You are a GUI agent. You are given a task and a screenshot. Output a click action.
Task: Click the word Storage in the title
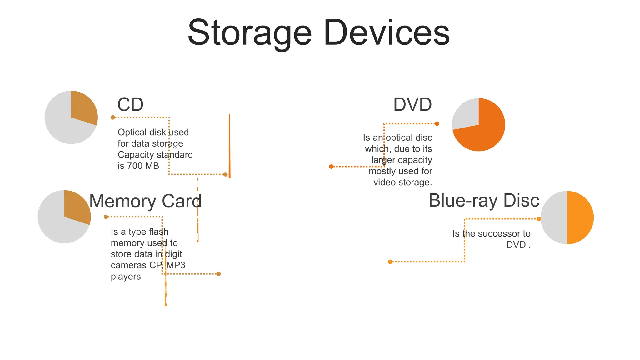(250, 33)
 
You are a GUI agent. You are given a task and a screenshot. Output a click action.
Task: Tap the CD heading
(130, 105)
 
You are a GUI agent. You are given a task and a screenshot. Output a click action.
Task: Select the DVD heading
(412, 105)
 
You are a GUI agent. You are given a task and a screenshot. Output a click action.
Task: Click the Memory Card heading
(145, 201)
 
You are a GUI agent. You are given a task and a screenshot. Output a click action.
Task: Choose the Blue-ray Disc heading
(484, 201)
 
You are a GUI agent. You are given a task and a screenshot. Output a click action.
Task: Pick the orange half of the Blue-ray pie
(580, 217)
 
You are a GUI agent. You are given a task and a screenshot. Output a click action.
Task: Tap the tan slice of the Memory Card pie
(76, 206)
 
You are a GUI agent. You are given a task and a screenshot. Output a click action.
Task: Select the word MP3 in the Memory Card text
(176, 265)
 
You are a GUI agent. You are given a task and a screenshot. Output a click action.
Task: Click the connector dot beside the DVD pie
(437, 124)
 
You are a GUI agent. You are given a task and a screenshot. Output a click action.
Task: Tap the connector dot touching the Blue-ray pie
(539, 219)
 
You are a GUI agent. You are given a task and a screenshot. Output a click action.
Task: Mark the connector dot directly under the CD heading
(113, 117)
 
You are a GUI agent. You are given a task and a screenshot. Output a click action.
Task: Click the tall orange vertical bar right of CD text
(229, 146)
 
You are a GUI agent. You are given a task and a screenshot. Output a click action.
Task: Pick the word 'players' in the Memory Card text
(126, 277)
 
